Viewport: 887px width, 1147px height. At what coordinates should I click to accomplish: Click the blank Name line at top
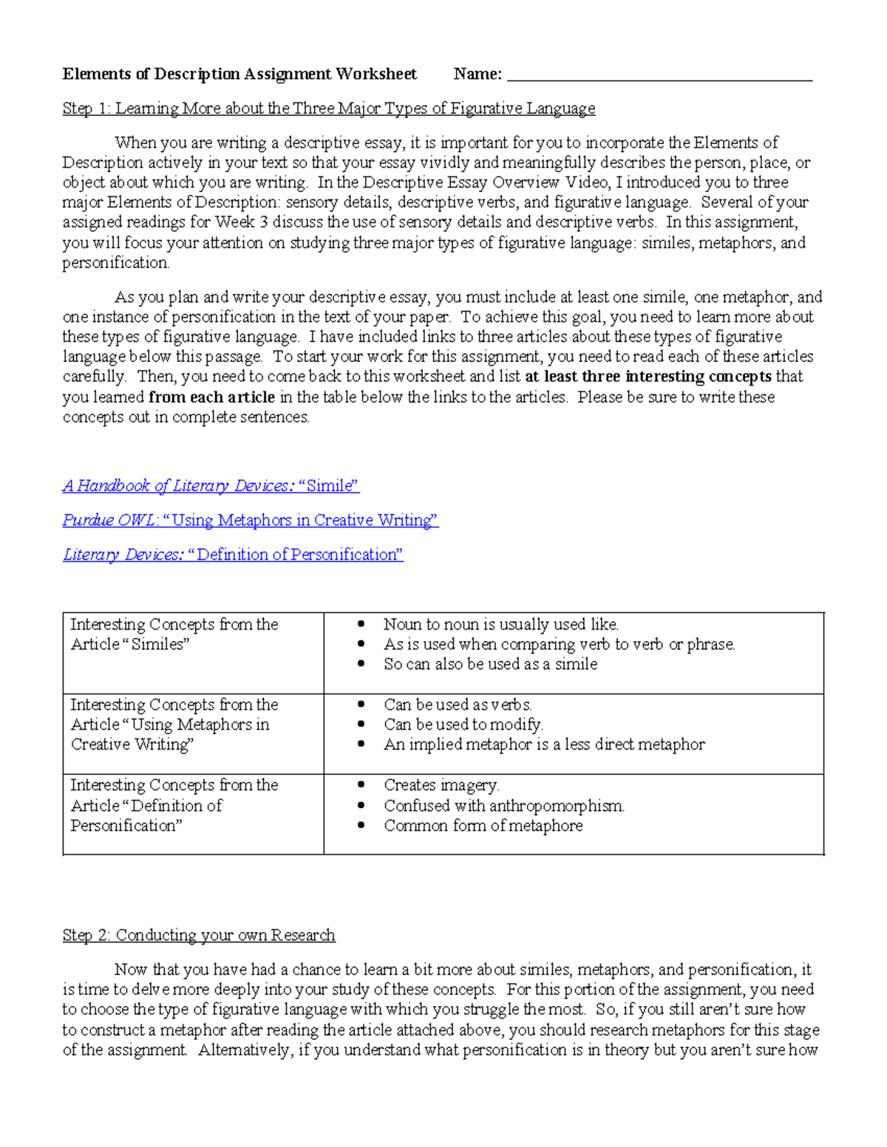tap(659, 75)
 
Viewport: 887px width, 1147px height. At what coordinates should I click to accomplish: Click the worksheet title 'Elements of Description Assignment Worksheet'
tap(239, 74)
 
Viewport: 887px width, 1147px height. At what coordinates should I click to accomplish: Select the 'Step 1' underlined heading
tap(328, 109)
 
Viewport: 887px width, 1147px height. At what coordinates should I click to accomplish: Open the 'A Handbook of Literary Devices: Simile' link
tap(211, 486)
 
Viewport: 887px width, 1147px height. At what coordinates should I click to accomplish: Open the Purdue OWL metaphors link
tap(251, 521)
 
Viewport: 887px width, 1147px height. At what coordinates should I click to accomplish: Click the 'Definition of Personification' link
tap(233, 555)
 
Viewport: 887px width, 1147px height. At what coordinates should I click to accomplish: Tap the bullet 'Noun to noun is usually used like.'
tap(500, 625)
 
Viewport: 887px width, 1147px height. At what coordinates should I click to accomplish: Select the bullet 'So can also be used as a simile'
tap(490, 665)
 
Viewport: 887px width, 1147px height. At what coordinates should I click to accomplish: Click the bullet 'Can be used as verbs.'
tap(458, 705)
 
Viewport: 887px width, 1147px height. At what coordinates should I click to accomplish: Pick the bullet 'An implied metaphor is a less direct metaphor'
tap(544, 745)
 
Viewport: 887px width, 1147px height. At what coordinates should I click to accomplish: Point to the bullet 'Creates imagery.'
tap(441, 785)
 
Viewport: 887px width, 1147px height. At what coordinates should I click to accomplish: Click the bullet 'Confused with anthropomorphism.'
tap(504, 806)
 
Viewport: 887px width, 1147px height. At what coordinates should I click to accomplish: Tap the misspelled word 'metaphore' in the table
tap(546, 826)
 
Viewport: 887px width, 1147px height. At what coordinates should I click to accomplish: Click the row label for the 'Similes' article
tap(174, 634)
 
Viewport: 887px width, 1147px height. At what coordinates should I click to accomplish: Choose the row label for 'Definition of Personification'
tap(174, 806)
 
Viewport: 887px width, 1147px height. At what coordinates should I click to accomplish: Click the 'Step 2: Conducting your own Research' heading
tap(199, 936)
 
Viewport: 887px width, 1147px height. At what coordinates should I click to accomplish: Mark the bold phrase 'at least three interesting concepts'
tap(648, 377)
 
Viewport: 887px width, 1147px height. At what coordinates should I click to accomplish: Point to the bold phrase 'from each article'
tap(211, 397)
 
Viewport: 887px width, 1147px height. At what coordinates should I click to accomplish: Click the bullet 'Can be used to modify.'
tap(463, 725)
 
